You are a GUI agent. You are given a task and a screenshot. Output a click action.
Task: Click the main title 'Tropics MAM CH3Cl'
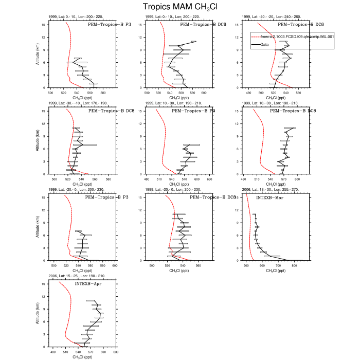click(179, 7)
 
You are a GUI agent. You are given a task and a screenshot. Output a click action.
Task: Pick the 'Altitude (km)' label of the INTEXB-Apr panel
click(37, 313)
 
